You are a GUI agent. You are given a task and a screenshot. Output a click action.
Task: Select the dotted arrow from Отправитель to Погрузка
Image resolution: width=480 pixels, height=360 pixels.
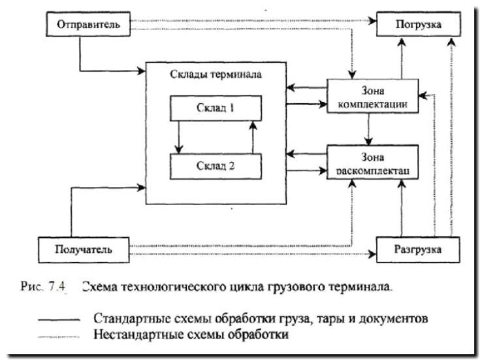[248, 21]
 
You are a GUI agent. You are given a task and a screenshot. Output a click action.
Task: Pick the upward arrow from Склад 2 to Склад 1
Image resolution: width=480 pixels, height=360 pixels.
[251, 137]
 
